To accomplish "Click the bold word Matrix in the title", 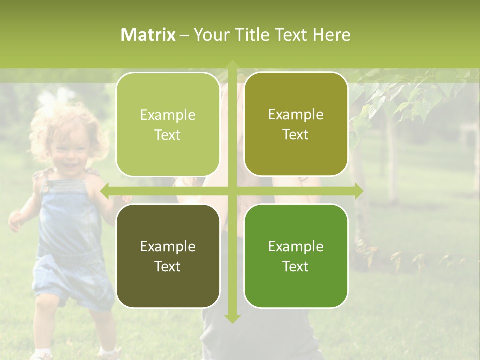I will coord(148,35).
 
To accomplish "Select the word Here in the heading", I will coord(332,35).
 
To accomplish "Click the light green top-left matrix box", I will coord(168,124).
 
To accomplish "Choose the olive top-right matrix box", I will coord(296,124).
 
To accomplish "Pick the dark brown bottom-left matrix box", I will coord(168,256).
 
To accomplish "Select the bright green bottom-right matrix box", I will coord(296,256).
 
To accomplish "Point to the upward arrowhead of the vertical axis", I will coord(232,65).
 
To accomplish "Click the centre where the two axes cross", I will coord(232,191).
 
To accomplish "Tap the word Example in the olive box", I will coord(296,114).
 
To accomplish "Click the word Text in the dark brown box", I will coord(168,266).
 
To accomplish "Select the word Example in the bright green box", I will coord(296,246).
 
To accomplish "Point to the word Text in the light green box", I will coord(168,135).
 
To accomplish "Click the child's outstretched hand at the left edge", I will coord(15,220).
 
